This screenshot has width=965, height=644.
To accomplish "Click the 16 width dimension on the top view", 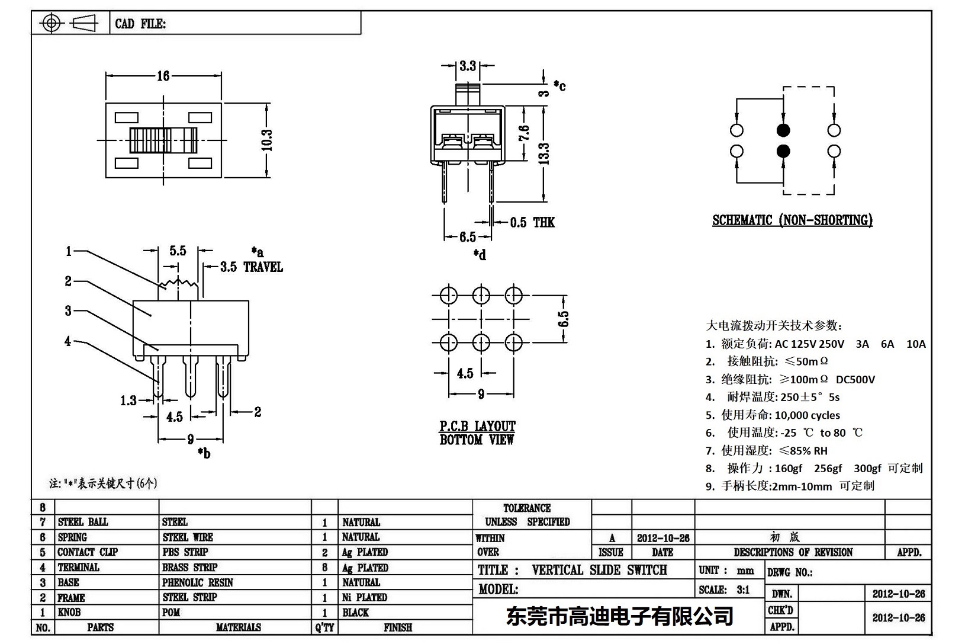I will click(163, 76).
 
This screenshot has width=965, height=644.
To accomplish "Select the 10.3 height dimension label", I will click(267, 140).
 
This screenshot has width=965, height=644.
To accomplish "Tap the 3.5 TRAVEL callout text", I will click(252, 267).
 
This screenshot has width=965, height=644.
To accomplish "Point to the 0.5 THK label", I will click(532, 223).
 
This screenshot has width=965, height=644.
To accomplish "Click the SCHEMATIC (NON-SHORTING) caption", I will click(792, 220).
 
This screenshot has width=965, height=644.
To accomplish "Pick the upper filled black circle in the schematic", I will click(783, 130).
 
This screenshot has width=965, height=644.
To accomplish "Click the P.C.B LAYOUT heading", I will click(477, 426).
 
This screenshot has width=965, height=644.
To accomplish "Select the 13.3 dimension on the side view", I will click(544, 153).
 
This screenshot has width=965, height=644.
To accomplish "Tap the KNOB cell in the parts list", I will click(69, 612).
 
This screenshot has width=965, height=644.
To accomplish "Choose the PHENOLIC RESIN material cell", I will click(197, 582).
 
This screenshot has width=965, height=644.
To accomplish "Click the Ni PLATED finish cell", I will click(365, 597).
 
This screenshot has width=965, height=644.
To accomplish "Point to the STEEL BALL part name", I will click(83, 522).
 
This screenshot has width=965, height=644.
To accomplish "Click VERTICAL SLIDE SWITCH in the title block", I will click(599, 570).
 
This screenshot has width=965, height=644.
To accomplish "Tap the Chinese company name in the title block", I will click(619, 616).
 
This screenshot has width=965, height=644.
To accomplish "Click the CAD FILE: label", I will click(140, 24).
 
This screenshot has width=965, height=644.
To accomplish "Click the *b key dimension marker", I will click(204, 453).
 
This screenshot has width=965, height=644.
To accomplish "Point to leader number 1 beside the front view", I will click(69, 251).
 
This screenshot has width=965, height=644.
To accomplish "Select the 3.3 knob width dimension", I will click(468, 66).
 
